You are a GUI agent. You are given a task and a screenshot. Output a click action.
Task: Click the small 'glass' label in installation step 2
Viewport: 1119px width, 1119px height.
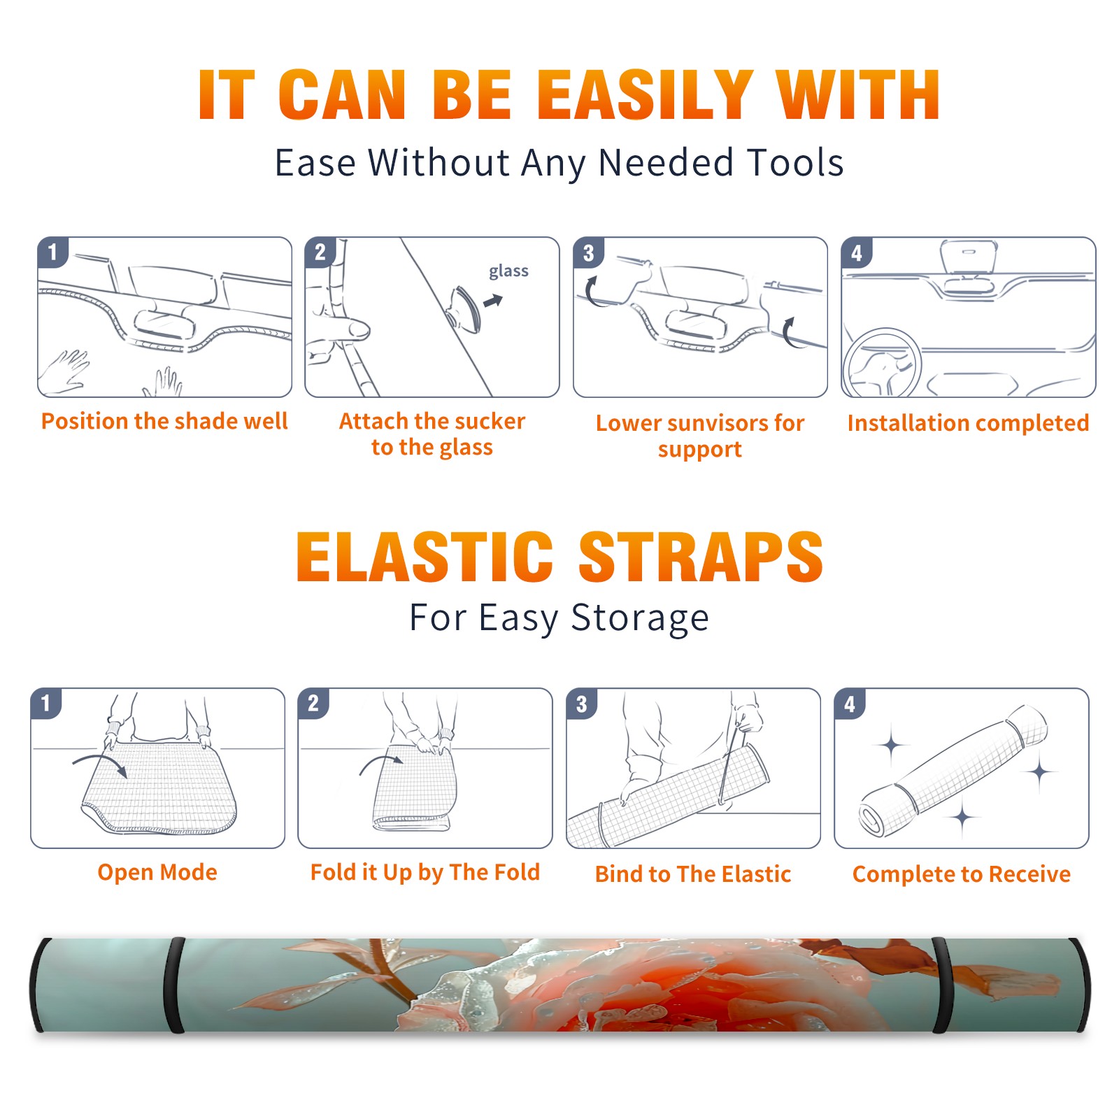click(x=508, y=271)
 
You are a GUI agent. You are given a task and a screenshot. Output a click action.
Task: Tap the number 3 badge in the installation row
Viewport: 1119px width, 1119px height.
click(x=588, y=253)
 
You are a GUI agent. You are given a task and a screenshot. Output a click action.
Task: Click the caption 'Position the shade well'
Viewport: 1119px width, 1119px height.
click(x=164, y=421)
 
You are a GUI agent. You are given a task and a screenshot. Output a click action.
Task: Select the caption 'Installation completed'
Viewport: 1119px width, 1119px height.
click(x=968, y=422)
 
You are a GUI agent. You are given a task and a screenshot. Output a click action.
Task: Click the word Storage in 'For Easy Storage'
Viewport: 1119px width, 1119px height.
click(x=640, y=618)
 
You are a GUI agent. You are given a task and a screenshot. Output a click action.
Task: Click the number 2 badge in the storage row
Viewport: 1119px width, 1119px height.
click(x=313, y=704)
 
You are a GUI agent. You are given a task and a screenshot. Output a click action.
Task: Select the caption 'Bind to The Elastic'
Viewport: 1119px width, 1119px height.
click(x=693, y=874)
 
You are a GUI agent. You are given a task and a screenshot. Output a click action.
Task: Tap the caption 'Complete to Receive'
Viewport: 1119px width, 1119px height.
click(x=962, y=874)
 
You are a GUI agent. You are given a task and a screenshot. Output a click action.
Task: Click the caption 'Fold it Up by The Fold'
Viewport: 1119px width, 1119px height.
click(x=425, y=872)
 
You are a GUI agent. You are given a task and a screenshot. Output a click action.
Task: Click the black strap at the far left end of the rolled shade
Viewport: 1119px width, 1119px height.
click(x=38, y=985)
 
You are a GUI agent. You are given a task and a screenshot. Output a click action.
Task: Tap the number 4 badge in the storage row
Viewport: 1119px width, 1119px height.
click(x=850, y=704)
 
